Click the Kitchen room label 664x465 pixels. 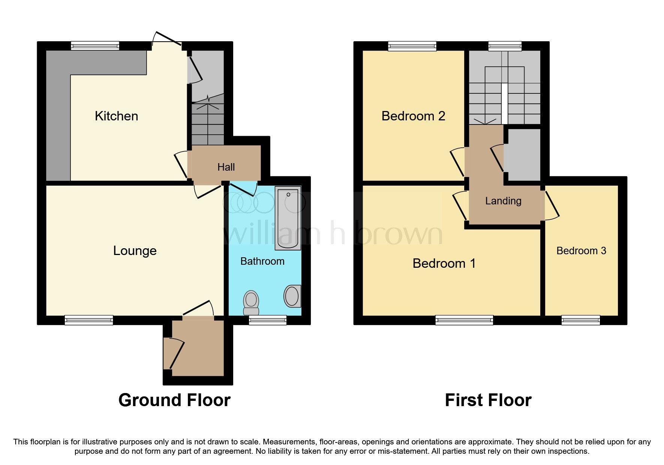[x=116, y=116]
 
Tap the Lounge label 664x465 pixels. [x=135, y=250]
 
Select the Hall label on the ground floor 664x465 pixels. [x=226, y=167]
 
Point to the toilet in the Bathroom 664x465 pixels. [x=251, y=303]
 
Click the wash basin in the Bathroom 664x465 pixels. [x=292, y=296]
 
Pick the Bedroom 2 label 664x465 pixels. [x=413, y=116]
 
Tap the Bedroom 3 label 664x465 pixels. [x=581, y=250]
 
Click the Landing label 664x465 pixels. [x=503, y=201]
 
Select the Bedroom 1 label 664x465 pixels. [x=444, y=263]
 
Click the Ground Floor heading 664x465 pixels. [x=174, y=400]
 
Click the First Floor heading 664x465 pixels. [x=488, y=400]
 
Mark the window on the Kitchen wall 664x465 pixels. [x=95, y=46]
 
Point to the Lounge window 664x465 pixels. [x=89, y=320]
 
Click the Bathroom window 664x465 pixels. [x=268, y=320]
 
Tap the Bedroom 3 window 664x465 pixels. [x=580, y=320]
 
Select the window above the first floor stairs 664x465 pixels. [x=505, y=46]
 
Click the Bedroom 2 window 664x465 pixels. [x=412, y=46]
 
